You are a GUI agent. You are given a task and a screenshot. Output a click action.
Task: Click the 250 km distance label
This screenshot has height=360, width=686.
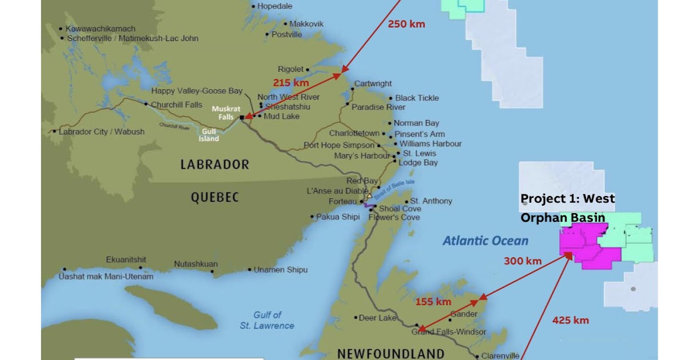406,24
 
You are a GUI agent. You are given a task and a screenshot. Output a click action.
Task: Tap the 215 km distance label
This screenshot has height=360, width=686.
290,82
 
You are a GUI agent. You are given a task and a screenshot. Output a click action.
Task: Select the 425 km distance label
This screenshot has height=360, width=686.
570,320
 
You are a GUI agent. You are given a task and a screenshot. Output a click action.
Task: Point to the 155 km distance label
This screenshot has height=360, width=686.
433,302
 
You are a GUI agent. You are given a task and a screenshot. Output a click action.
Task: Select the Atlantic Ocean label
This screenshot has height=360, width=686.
485,241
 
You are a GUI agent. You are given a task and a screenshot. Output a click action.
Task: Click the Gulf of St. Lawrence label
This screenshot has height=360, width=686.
268,320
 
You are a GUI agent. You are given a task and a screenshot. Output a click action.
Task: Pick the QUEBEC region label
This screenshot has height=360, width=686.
214,198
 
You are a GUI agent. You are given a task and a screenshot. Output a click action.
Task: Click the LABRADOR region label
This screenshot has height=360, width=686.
214,165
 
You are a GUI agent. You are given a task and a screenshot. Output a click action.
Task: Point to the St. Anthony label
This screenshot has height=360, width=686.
431,201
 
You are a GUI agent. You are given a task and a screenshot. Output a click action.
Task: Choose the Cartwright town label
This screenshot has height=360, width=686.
373,83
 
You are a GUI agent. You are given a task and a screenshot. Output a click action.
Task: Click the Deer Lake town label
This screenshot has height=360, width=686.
374,318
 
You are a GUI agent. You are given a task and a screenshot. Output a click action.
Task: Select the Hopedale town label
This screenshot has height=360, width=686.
274,6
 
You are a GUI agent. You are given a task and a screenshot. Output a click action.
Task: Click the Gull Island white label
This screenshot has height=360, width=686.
209,135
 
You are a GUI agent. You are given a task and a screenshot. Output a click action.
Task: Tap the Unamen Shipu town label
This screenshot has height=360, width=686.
280,270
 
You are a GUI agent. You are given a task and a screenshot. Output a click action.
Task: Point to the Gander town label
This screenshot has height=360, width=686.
463,314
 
